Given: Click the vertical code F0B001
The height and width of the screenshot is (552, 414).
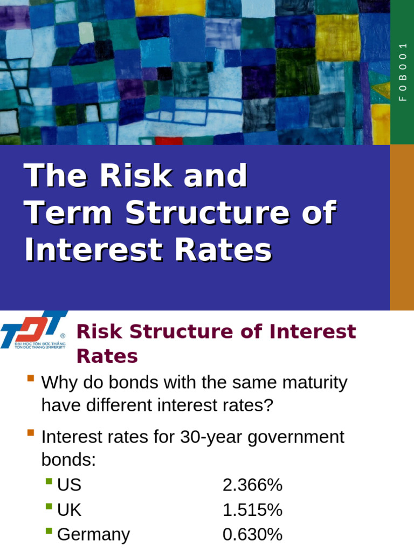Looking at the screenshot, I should coord(402,72).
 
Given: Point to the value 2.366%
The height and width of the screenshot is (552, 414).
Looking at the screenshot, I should coord(252,485).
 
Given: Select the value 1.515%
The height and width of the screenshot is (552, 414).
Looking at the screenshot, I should coord(252,510).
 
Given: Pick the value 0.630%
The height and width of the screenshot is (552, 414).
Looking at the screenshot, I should coord(252,535).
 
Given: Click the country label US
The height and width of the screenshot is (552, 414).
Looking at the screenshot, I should coord(69,485).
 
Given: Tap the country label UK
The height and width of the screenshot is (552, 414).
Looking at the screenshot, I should coord(69,510).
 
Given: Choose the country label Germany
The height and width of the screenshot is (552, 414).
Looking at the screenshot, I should coord(93,535).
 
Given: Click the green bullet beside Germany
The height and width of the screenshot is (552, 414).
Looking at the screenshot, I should coord(49,531).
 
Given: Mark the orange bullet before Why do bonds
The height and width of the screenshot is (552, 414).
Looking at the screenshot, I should coord(30,378).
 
